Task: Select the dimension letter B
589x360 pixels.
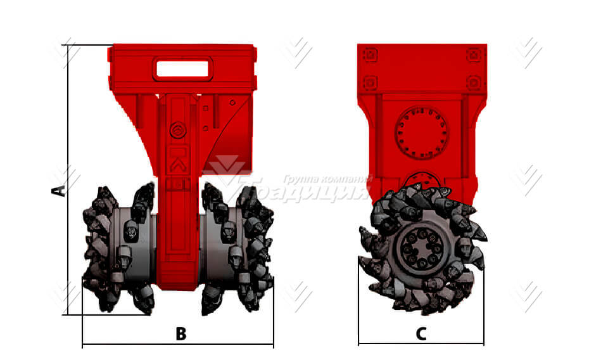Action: [x=180, y=333]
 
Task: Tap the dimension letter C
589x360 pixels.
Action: [x=421, y=333]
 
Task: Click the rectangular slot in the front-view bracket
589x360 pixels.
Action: [x=182, y=68]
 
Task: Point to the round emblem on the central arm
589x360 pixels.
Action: [x=178, y=132]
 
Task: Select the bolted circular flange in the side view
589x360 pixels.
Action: [x=421, y=132]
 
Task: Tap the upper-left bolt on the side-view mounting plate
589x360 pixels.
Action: [x=370, y=55]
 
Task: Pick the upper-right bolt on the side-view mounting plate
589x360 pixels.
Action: [x=473, y=55]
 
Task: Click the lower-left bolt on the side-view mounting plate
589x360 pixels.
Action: [x=370, y=82]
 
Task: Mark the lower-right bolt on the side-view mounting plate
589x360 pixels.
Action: [x=473, y=82]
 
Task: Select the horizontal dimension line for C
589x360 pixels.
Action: [x=421, y=344]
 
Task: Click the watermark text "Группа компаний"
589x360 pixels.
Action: [x=324, y=179]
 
